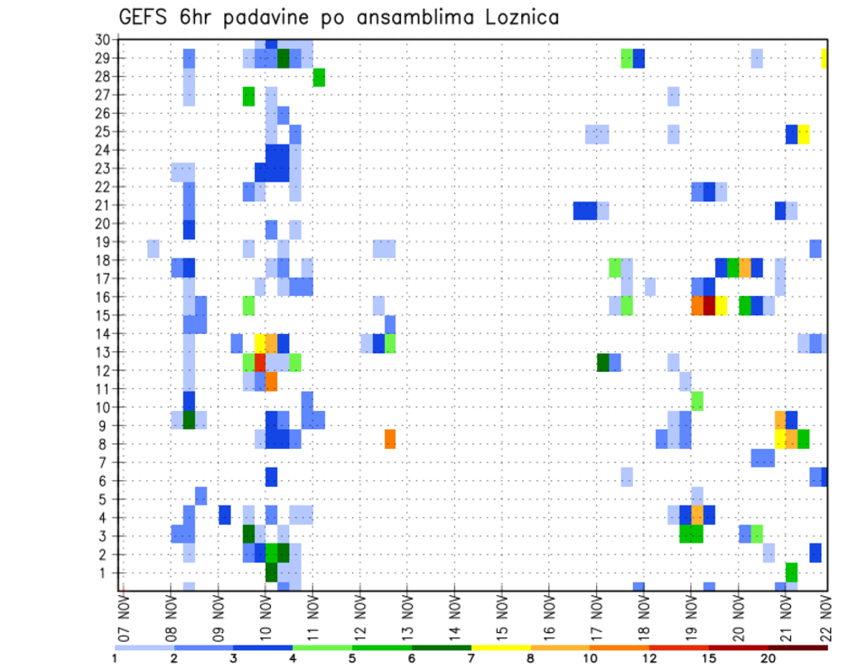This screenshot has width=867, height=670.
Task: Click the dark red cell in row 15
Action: (709, 305)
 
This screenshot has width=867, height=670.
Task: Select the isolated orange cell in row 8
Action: (390, 439)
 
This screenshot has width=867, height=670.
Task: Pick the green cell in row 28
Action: (319, 78)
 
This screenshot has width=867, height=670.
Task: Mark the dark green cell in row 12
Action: (603, 362)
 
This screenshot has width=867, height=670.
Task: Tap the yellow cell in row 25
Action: (804, 134)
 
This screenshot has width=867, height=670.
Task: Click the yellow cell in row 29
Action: (825, 59)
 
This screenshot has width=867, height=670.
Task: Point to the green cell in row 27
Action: (248, 96)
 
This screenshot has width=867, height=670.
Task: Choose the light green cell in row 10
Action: (697, 400)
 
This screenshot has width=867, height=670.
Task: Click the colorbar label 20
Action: (769, 658)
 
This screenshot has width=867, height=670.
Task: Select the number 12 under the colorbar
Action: (649, 658)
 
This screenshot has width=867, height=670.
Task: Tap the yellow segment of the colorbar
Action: (500, 647)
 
